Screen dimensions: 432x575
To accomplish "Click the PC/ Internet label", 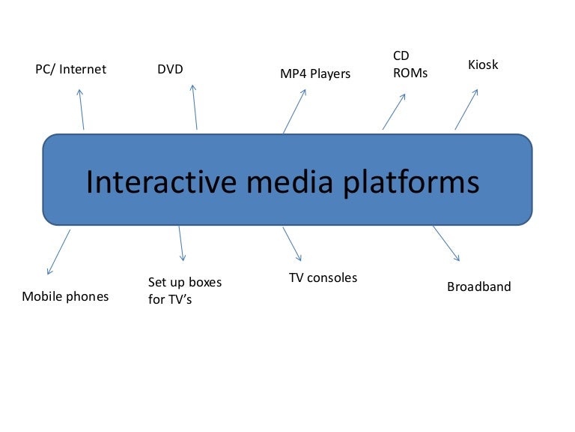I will tap(71, 70).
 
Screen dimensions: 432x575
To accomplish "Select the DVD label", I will tap(170, 70).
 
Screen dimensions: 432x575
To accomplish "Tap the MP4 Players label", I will tap(315, 73).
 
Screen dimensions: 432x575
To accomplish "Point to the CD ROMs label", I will tap(410, 65).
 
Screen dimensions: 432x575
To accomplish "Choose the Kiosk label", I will tap(483, 65).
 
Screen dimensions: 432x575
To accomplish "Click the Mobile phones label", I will tap(65, 296).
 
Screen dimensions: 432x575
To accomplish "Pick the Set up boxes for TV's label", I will tap(185, 291).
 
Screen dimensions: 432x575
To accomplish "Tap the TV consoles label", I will tap(323, 277).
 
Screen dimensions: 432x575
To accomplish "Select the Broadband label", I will tap(479, 286).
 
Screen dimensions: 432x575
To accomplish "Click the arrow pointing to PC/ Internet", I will tap(81, 109).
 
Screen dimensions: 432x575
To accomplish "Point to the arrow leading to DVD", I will tap(195, 106).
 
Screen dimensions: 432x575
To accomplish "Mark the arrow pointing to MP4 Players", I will tap(294, 112).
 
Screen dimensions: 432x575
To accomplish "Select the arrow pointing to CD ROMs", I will tap(395, 111).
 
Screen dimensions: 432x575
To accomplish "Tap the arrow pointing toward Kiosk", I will tap(466, 109).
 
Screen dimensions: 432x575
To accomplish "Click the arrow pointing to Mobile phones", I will tap(58, 252).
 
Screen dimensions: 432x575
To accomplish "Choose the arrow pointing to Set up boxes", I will tap(181, 244).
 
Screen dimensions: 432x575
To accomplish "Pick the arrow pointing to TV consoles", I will tap(292, 244).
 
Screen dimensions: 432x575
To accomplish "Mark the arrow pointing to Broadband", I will tap(446, 243).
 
